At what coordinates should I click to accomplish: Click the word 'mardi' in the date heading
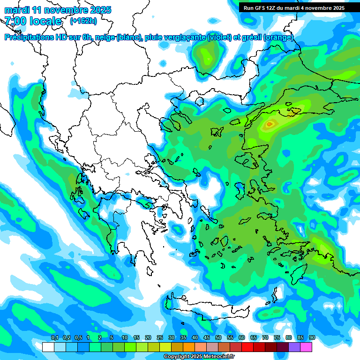coord(16,10)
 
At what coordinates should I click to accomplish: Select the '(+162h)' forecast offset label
coord(83,21)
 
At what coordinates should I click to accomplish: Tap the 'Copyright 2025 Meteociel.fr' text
coord(199,357)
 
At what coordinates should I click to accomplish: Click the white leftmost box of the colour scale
coord(48,347)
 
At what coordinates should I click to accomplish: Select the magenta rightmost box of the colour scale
coord(306,347)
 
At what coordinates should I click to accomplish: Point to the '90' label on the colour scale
coord(312,337)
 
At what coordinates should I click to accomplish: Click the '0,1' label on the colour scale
coord(54,337)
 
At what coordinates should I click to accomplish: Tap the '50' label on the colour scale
coord(218,337)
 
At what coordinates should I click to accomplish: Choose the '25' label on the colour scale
coord(160,337)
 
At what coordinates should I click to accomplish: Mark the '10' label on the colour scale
coord(124,337)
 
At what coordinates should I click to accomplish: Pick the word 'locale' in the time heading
coord(45,21)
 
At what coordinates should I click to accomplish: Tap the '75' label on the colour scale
coord(277,337)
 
